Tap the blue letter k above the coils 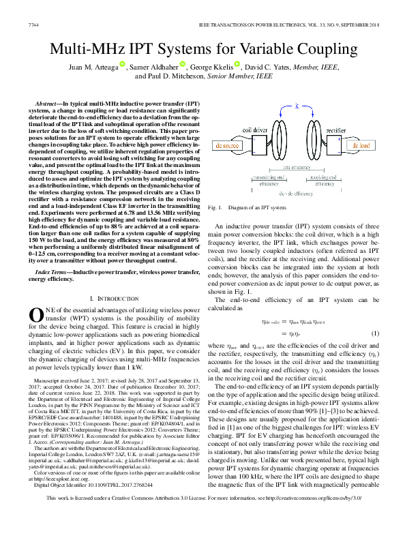click(x=297, y=104)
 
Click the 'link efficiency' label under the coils click(x=297, y=167)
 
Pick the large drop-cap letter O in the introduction click(x=35, y=315)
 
